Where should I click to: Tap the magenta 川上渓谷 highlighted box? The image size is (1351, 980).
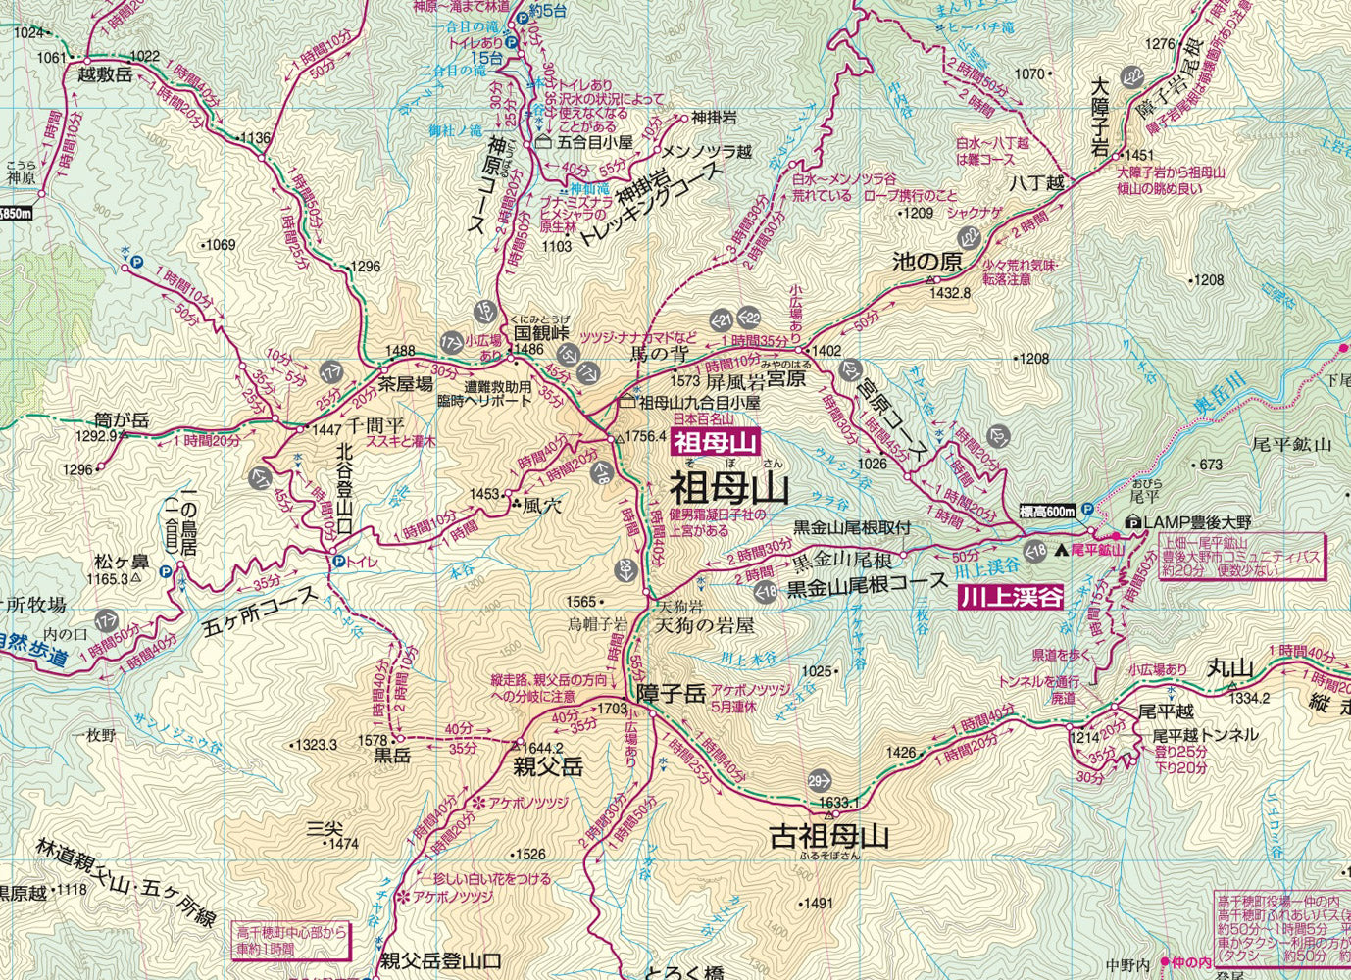[1011, 597]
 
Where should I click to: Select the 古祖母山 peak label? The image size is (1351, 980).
[829, 836]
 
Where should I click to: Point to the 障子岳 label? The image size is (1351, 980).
[671, 694]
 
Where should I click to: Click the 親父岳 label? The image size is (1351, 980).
[548, 766]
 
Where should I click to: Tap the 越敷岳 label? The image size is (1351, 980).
[104, 75]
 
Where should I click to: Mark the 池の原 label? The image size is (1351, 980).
[926, 262]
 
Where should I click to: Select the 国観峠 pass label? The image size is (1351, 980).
[542, 332]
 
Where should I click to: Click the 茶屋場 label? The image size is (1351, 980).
[406, 385]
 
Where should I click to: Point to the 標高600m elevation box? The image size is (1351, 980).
[1047, 511]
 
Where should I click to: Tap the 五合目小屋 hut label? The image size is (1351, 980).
[595, 142]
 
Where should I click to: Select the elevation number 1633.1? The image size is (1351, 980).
[838, 804]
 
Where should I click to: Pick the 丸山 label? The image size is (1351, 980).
[1230, 668]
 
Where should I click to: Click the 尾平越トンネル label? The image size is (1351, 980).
[1204, 735]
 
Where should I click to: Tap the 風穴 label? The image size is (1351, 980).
[542, 507]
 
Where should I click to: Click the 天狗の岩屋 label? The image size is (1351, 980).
[704, 624]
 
